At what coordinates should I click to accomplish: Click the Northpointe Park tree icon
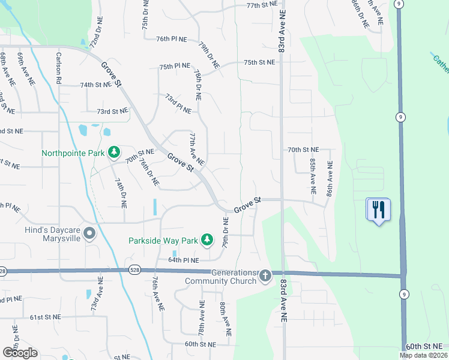pos(114,153)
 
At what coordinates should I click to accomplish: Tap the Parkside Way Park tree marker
pos(207,241)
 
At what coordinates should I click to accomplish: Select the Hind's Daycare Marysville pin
pos(89,233)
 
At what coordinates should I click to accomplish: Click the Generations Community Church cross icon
pos(265,275)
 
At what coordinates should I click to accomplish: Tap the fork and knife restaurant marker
pos(378,210)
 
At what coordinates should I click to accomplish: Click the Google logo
pos(20,353)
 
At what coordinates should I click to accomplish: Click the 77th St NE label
pos(262,4)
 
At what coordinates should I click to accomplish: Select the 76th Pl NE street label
pos(171,38)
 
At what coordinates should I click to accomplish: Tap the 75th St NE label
pos(259,62)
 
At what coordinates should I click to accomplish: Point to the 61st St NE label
pos(47,317)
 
